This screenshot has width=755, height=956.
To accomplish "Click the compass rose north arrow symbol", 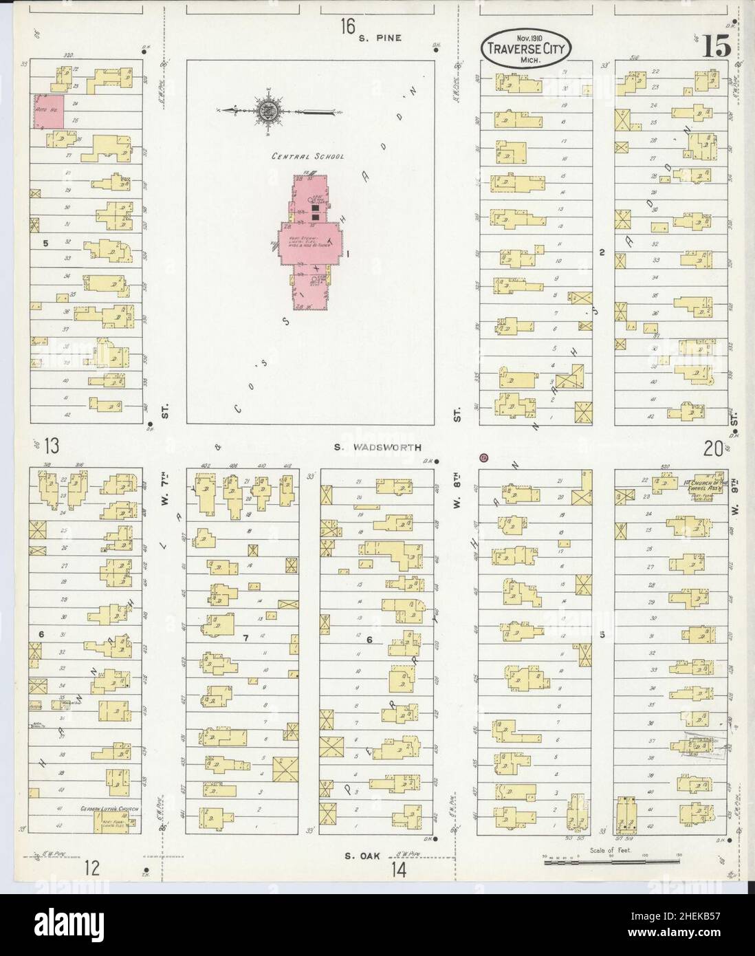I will (267, 110).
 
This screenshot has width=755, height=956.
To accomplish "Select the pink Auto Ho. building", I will (50, 111).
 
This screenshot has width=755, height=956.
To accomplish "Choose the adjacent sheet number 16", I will (347, 28).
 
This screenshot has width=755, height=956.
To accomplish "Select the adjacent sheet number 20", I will (713, 448).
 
